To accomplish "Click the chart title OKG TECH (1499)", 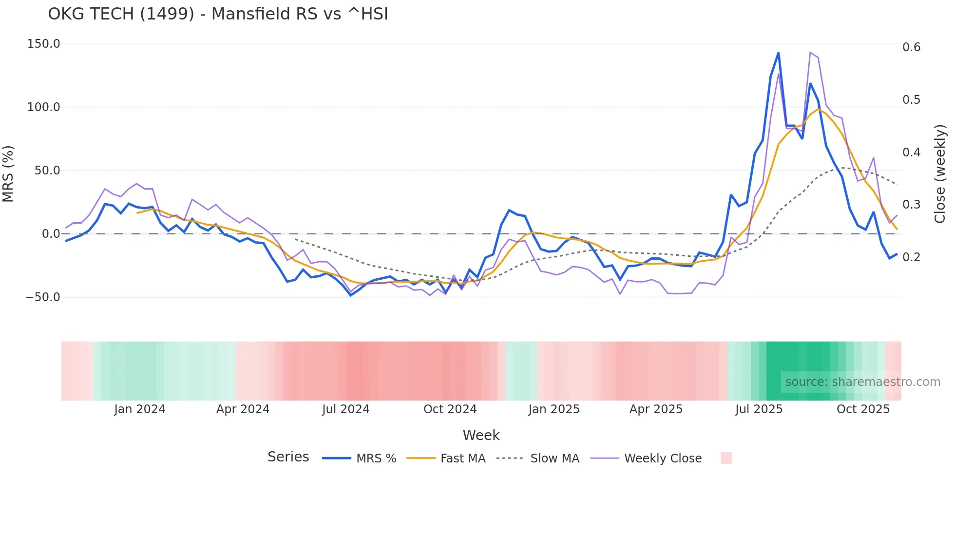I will click(x=218, y=14).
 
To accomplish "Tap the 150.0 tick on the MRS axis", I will click(x=43, y=44).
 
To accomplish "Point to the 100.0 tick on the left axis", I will click(x=43, y=107).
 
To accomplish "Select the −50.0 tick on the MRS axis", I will click(x=42, y=297).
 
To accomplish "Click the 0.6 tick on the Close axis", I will click(x=911, y=47).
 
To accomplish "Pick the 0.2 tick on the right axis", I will click(x=911, y=257).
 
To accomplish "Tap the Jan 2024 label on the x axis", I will click(x=140, y=409).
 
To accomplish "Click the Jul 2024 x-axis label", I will click(x=346, y=409).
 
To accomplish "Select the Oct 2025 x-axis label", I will click(x=863, y=409).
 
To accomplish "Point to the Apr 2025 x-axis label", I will click(x=656, y=409).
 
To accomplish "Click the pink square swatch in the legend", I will click(x=726, y=458).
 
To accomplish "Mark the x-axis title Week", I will click(x=481, y=435).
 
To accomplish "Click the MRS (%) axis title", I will click(x=8, y=174).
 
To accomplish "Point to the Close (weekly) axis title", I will click(x=940, y=174).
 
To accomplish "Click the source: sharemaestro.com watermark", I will click(x=862, y=382).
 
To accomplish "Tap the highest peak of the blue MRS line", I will click(x=778, y=53).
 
